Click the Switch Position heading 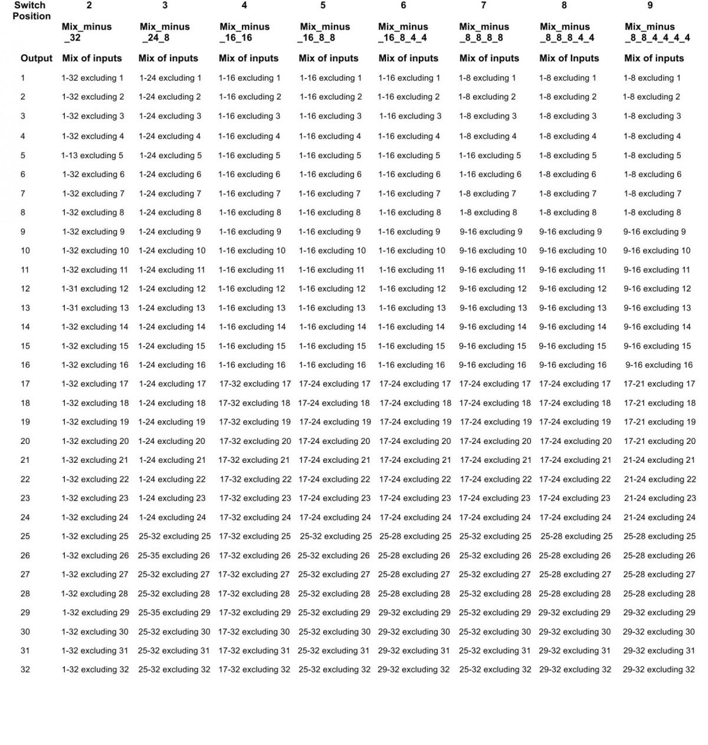tap(31, 11)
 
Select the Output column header tap(37, 58)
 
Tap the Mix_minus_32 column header tap(86, 32)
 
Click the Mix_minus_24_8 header tap(165, 32)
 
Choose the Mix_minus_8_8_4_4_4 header tap(657, 32)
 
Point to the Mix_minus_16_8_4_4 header tap(403, 32)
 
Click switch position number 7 tap(484, 5)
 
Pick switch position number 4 tap(244, 5)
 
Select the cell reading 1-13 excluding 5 tap(92, 156)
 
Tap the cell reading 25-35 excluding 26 tap(174, 556)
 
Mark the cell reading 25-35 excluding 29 tap(174, 613)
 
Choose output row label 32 tap(25, 669)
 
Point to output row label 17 tap(25, 384)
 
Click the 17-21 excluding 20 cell tap(660, 441)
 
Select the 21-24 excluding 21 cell tap(660, 460)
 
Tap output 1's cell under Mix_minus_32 tap(93, 78)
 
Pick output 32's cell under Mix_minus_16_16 tap(254, 669)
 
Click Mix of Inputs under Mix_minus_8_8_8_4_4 tap(569, 58)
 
